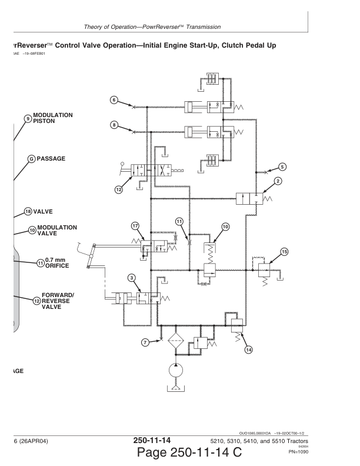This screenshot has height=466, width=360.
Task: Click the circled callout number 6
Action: point(114,99)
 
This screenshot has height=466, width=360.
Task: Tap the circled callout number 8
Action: point(114,124)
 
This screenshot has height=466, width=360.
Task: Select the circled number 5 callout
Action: point(282,167)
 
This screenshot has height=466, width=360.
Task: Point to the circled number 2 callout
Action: point(277,182)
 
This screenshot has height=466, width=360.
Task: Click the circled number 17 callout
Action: point(135,225)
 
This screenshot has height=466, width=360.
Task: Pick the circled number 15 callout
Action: point(285,252)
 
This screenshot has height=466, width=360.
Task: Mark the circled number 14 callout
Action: point(248,349)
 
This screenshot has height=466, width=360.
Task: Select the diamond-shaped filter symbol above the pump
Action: point(175,342)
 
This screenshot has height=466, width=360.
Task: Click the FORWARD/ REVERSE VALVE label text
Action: point(58,301)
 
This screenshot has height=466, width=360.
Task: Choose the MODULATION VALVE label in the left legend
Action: point(56,230)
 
